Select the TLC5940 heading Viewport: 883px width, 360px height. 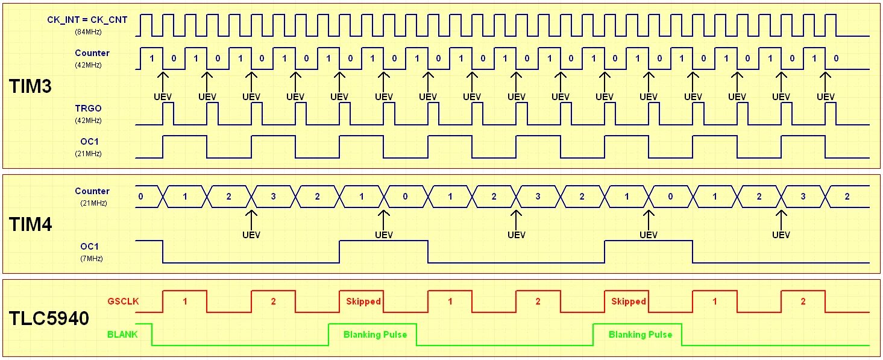point(49,318)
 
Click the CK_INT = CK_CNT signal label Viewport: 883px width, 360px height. point(87,20)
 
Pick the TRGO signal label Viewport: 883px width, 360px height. point(88,109)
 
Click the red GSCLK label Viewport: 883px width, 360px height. point(122,302)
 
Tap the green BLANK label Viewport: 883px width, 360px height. point(122,333)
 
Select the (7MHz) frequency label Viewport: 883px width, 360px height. point(90,259)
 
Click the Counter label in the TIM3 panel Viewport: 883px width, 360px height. point(92,53)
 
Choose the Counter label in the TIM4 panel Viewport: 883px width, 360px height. point(92,191)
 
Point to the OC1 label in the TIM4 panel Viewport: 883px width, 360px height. point(90,247)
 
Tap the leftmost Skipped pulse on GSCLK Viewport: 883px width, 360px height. point(363,302)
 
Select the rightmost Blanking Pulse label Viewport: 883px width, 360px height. point(640,334)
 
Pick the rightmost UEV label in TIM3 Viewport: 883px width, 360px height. point(826,96)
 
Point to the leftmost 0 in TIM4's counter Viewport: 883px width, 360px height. point(140,197)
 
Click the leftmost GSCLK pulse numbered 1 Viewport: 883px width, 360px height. point(185,302)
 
